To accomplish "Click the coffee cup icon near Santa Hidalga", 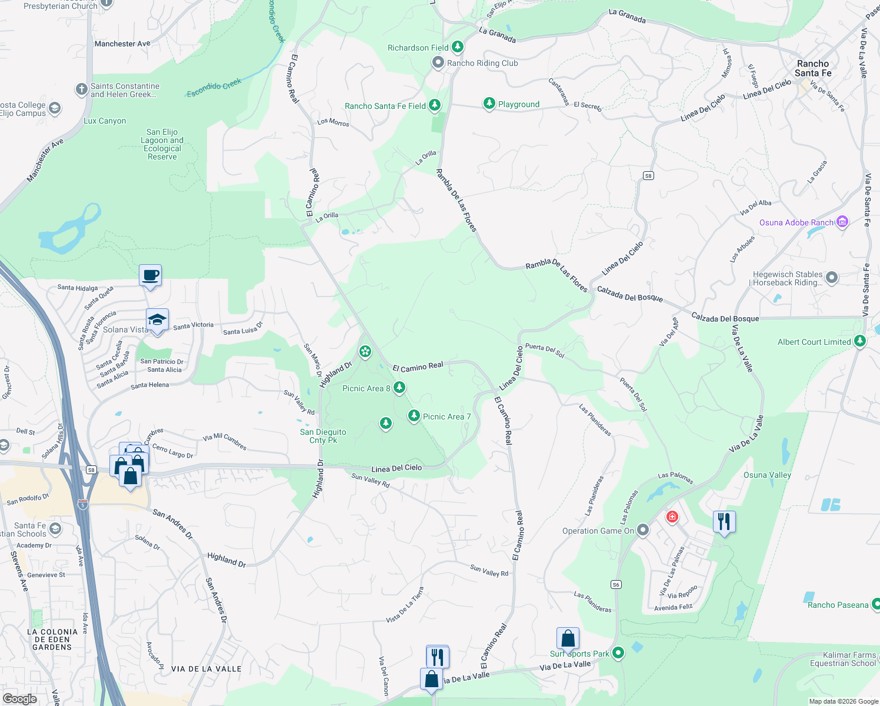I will click(151, 275).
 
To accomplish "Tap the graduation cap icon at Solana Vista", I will click(157, 320).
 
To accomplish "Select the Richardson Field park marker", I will click(457, 46).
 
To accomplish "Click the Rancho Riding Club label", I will click(482, 63).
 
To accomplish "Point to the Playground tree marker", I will click(489, 104).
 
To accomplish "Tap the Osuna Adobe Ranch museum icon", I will click(842, 222).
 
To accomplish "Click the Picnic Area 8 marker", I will click(399, 387).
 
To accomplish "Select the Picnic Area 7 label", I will click(446, 417).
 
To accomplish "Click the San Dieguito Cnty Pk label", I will click(323, 436).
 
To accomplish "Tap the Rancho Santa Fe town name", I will click(813, 68).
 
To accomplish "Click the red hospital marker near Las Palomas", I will click(672, 517).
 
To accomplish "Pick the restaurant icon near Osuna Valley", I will click(724, 521).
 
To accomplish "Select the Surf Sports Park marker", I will click(618, 652).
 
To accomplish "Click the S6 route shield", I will click(616, 584).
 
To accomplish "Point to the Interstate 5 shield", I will click(82, 504).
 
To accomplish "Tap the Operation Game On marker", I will click(643, 530).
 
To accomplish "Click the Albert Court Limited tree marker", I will click(859, 341).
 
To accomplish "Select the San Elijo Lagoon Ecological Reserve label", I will click(162, 145).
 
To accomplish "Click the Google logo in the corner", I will click(20, 698).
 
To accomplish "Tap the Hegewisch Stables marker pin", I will click(831, 277).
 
